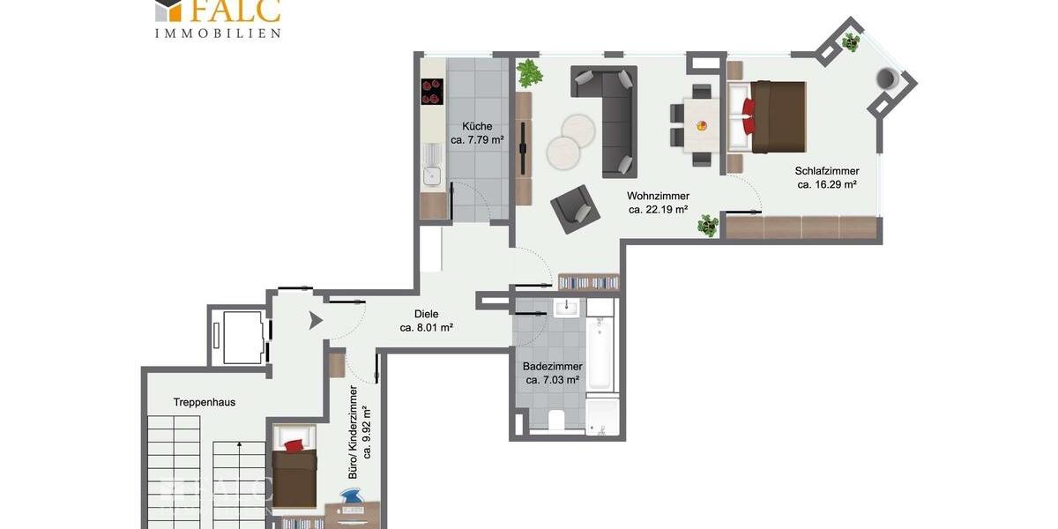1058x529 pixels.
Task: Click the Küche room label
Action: [x=477, y=126]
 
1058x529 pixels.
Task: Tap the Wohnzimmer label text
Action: [x=658, y=196]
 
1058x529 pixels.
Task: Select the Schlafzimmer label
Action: [x=826, y=171]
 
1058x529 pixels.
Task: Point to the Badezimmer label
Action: [x=552, y=366]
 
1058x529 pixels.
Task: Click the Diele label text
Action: [x=426, y=313]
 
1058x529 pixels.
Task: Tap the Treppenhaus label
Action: [x=204, y=402]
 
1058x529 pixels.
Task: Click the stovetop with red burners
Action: [x=432, y=92]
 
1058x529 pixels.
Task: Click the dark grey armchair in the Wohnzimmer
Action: [x=574, y=209]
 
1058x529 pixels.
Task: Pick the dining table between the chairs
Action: [x=702, y=124]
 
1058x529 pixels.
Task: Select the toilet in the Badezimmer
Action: [x=557, y=421]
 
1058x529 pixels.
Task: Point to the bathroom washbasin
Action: [x=565, y=309]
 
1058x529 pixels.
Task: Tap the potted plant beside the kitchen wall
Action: [x=529, y=73]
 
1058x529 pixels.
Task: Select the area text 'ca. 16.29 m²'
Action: [x=827, y=185]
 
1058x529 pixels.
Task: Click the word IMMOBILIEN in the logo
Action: [x=217, y=33]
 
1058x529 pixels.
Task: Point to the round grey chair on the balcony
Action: [x=888, y=78]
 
